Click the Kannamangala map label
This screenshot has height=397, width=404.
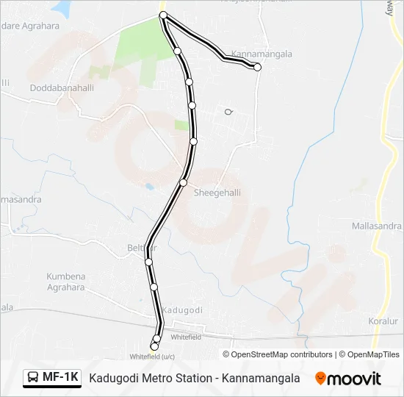click(x=261, y=54)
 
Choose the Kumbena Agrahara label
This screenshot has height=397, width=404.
click(x=66, y=282)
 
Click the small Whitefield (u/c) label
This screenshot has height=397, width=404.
click(x=152, y=357)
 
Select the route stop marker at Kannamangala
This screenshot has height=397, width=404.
click(x=257, y=67)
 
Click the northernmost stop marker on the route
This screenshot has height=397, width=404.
click(x=163, y=15)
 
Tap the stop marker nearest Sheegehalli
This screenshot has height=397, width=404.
click(x=184, y=182)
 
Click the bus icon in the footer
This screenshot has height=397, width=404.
click(x=33, y=378)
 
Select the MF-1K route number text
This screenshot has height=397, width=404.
click(x=60, y=378)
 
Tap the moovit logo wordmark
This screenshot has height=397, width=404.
click(x=354, y=379)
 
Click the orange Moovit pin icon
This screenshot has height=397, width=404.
click(x=320, y=378)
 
